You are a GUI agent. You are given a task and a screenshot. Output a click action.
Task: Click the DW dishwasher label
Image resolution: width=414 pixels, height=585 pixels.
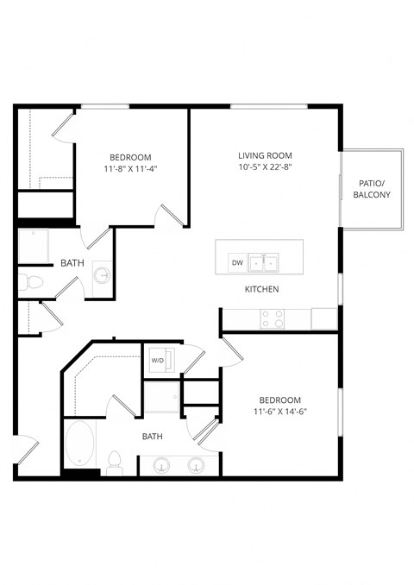(x=237, y=263)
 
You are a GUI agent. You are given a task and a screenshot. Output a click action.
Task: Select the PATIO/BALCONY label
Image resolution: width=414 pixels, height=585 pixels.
(x=372, y=189)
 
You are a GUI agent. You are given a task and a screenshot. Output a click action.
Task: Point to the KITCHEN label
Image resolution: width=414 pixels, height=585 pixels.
(x=261, y=289)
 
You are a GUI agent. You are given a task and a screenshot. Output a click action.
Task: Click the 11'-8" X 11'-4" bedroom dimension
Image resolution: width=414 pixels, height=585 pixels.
(x=130, y=169)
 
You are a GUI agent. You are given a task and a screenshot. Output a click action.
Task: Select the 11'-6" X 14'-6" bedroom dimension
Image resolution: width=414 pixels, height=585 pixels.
(x=280, y=412)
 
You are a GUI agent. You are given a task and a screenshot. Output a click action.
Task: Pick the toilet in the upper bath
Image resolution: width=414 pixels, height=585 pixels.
(x=33, y=281)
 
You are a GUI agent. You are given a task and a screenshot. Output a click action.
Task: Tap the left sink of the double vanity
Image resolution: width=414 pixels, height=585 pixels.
(x=160, y=466)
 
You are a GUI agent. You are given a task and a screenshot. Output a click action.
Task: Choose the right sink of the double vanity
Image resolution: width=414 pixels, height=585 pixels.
(x=196, y=466)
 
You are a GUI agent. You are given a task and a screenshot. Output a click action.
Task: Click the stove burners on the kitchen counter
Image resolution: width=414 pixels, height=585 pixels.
(x=273, y=319)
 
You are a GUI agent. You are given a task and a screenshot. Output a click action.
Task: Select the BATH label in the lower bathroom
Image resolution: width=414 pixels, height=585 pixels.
(x=152, y=437)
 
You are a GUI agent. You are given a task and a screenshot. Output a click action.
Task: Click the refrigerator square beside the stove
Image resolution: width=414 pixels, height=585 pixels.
(x=323, y=318)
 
